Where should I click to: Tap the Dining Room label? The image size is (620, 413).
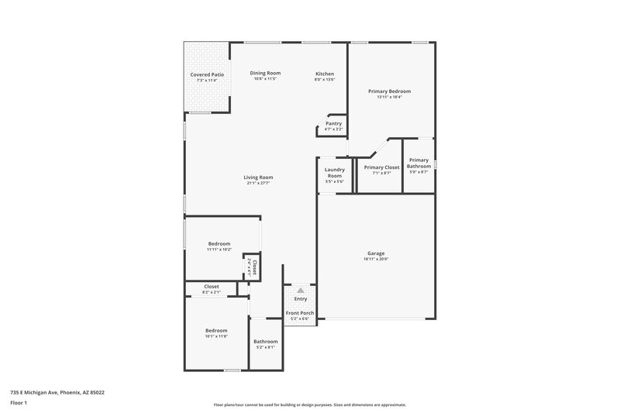click(x=265, y=73)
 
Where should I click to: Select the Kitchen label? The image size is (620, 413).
click(x=324, y=73)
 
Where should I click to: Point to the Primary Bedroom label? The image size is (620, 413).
click(x=389, y=91)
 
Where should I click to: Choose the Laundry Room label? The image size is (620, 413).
click(x=334, y=172)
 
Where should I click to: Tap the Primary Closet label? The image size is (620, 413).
click(x=381, y=167)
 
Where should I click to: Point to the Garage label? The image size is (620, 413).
click(x=377, y=253)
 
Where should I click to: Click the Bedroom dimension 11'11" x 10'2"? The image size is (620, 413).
click(x=219, y=250)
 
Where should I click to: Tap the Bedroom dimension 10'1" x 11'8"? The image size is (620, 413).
click(x=216, y=337)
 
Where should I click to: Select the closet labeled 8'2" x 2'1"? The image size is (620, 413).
click(x=211, y=289)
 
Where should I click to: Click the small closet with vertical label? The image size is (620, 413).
click(x=251, y=267)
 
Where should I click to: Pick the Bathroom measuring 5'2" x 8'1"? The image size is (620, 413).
click(x=265, y=344)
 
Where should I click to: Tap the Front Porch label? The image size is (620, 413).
click(x=299, y=316)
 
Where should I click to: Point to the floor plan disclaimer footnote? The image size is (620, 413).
click(x=309, y=404)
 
